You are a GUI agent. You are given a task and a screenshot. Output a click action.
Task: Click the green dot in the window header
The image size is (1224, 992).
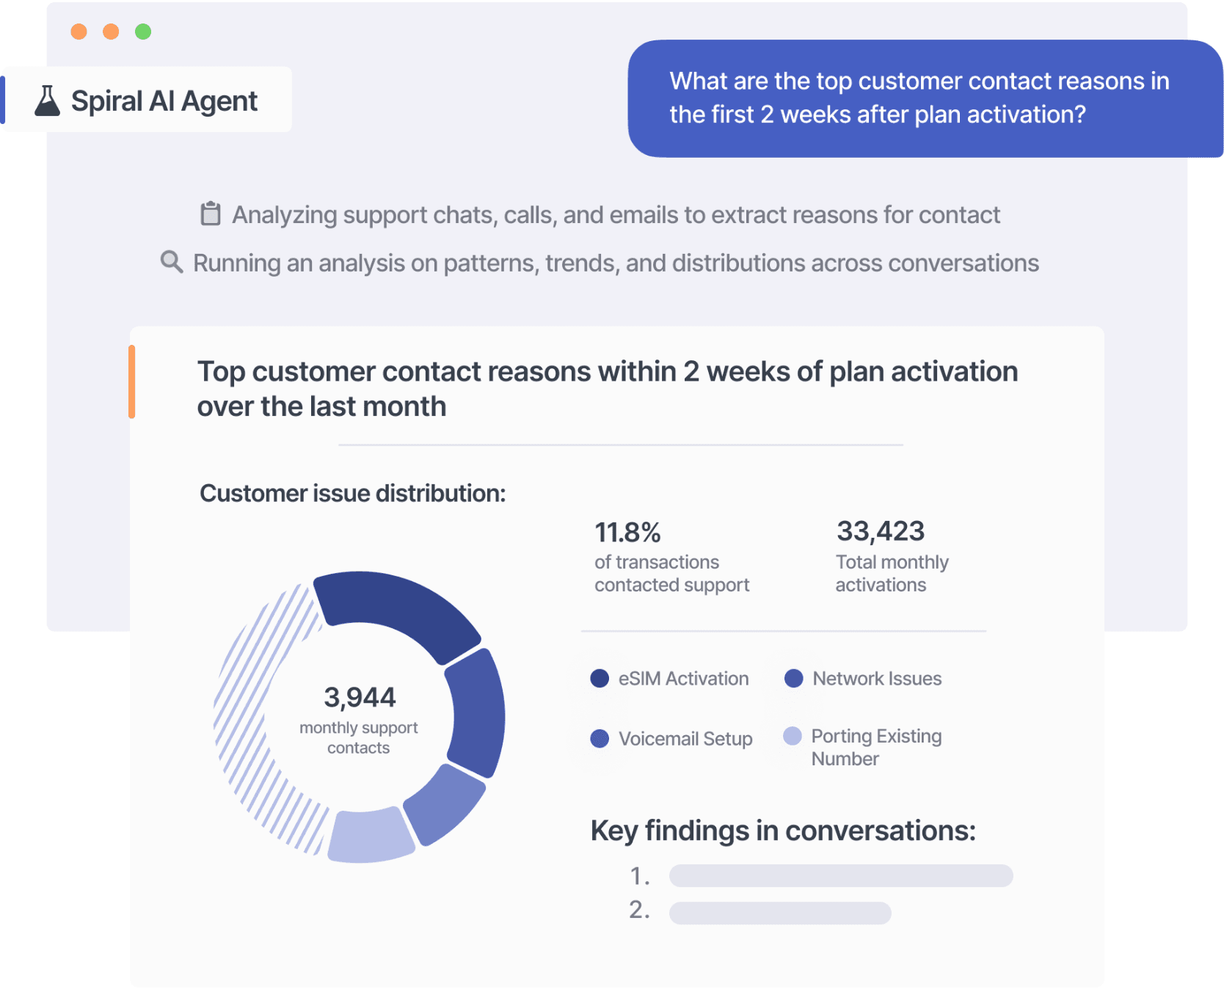pyautogui.click(x=143, y=32)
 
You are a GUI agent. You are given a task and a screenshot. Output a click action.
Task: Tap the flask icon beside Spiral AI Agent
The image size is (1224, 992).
pyautogui.click(x=48, y=101)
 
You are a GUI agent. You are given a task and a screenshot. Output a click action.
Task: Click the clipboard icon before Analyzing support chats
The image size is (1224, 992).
pyautogui.click(x=211, y=214)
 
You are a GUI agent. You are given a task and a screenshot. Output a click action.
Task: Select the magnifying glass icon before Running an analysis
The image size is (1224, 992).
pyautogui.click(x=172, y=262)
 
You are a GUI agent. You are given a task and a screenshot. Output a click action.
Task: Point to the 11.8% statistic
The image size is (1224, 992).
pyautogui.click(x=627, y=532)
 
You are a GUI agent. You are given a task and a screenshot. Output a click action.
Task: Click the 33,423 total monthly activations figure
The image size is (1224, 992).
pyautogui.click(x=881, y=531)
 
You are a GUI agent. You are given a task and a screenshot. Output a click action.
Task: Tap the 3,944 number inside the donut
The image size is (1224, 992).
pyautogui.click(x=360, y=697)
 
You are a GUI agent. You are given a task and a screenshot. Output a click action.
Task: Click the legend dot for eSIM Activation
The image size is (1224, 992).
pyautogui.click(x=600, y=679)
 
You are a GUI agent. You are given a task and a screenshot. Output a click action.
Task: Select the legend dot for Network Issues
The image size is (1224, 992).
pyautogui.click(x=793, y=679)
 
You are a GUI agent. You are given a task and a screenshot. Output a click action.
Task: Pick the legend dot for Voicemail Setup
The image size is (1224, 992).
pyautogui.click(x=600, y=738)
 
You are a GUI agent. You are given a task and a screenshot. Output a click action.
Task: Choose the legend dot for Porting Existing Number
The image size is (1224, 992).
pyautogui.click(x=793, y=736)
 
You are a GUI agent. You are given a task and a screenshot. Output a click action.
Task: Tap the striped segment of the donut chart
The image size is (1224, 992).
pyautogui.click(x=249, y=719)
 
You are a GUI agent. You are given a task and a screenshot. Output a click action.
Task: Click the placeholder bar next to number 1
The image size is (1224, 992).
pyautogui.click(x=841, y=875)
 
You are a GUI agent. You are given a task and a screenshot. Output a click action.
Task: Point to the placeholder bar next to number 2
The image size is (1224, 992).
pyautogui.click(x=780, y=913)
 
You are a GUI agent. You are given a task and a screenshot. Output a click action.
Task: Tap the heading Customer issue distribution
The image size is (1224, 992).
pyautogui.click(x=353, y=493)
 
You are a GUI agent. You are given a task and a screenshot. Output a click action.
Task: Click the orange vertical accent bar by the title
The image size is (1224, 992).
pyautogui.click(x=132, y=382)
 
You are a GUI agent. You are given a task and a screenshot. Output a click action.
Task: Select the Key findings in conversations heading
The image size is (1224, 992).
pyautogui.click(x=783, y=831)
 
